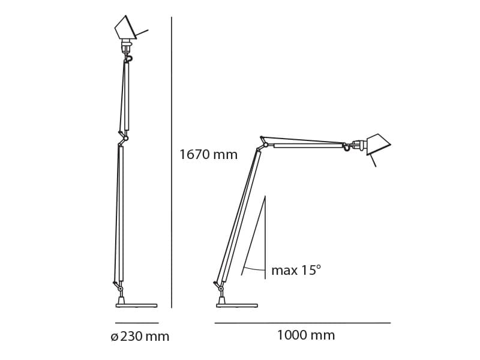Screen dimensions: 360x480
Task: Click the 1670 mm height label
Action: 208,155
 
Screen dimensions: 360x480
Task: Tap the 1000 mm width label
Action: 305,335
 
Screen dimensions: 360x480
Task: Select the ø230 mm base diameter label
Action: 140,337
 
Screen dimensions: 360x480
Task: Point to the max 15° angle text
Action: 296,271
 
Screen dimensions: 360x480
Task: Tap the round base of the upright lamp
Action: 136,305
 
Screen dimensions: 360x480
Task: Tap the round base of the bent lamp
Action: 236,305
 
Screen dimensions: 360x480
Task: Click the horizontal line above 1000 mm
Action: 302,323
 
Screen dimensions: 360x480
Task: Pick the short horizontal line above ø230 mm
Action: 137,323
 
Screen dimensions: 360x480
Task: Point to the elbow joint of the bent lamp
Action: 264,144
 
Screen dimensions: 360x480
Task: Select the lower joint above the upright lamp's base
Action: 120,288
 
